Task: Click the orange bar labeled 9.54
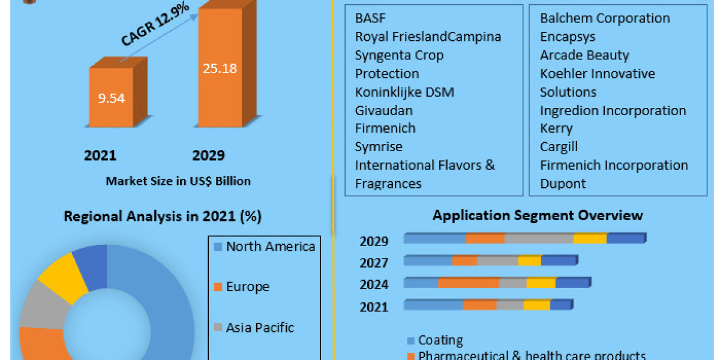tap(111, 98)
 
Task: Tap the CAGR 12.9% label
tap(155, 25)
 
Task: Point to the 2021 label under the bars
tap(100, 156)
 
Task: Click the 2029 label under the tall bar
tap(208, 156)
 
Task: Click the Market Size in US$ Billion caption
tap(178, 181)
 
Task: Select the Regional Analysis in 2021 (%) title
tap(163, 217)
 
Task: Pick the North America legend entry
tap(264, 247)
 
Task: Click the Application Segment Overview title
tap(538, 215)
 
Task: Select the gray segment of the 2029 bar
tap(538, 239)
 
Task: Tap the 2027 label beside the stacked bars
tap(374, 263)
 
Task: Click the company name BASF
tap(370, 18)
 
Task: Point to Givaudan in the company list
tap(384, 110)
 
